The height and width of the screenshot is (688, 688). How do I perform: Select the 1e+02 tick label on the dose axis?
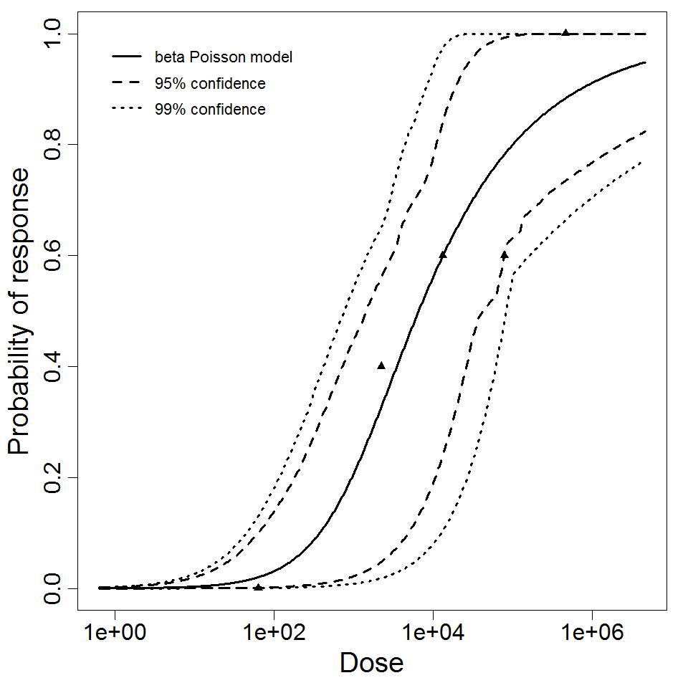point(273,633)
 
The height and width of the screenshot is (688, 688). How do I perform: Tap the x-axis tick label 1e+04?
point(432,633)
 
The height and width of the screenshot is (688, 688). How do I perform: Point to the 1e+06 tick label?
point(592,633)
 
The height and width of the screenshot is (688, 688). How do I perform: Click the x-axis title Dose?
point(371,663)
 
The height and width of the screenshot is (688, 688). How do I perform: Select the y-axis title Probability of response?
point(20,312)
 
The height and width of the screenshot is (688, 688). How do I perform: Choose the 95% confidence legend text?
point(209,84)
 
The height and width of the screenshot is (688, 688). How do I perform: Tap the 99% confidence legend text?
point(209,110)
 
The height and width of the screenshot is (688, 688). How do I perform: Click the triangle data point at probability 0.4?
point(381,365)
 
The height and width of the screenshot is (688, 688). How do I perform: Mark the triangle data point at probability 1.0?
point(565,32)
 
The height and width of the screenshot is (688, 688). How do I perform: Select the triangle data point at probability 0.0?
point(258,587)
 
